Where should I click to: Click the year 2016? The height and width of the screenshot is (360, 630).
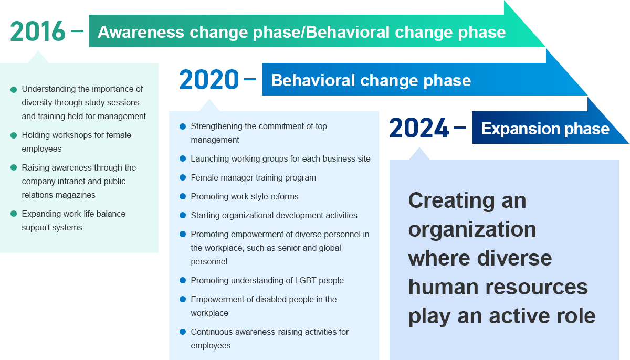coord(38,31)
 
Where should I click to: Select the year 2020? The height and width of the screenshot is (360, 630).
coord(209,80)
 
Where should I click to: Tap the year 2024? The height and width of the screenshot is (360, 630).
coord(419,128)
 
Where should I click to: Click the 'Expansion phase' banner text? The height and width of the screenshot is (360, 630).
coord(545,129)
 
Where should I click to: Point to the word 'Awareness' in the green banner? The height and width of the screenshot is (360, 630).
coord(141,32)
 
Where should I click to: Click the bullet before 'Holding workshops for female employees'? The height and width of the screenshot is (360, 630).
coord(14,135)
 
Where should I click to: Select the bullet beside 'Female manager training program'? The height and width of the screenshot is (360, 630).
coord(183,177)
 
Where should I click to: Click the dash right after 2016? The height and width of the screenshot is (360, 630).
coord(77,30)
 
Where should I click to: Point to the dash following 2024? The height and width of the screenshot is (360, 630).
coord(460,128)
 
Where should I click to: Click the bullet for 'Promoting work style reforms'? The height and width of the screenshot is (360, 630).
coord(183,196)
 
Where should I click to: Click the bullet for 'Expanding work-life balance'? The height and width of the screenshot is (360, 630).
coord(14,214)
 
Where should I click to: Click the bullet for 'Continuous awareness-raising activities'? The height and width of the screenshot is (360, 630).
coord(183,332)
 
